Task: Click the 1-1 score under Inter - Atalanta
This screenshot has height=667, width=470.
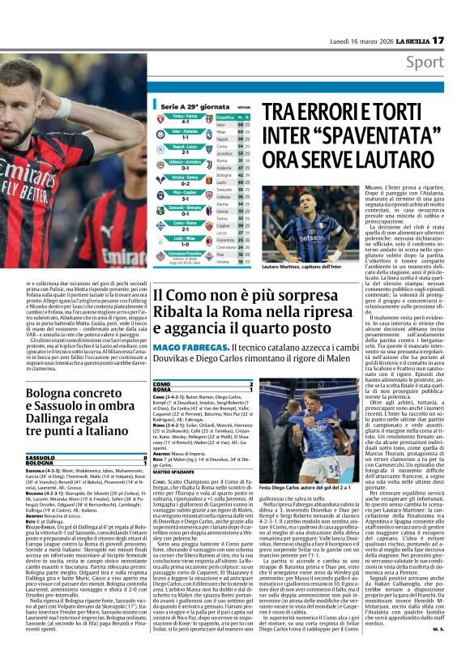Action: tap(185, 137)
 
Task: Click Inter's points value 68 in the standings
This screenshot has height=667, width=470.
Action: tap(241, 124)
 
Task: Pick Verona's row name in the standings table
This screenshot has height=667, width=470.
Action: tap(223, 262)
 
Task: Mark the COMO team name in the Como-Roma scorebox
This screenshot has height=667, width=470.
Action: tap(162, 383)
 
